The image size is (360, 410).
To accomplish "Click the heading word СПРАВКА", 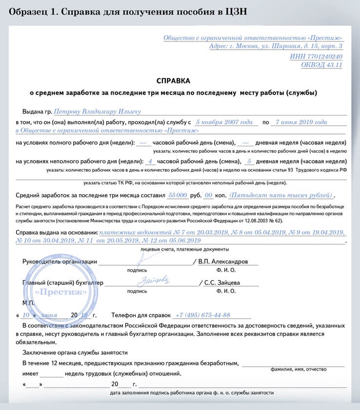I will click(x=173, y=80).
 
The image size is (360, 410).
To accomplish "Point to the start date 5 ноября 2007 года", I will click(x=223, y=122).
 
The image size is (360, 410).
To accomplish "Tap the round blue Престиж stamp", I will click(x=54, y=292).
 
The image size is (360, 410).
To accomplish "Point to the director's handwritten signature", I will click(x=141, y=258).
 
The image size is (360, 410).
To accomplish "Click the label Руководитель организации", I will click(x=60, y=262).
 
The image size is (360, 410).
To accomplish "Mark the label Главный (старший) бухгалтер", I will click(x=63, y=283).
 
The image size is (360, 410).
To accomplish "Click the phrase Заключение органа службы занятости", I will click(x=75, y=352).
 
